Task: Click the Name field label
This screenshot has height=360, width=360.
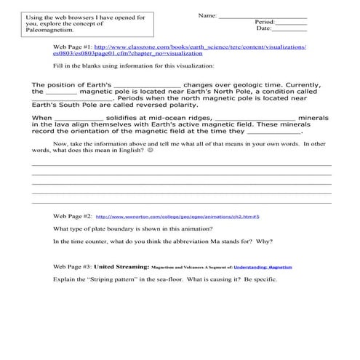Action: tap(207, 15)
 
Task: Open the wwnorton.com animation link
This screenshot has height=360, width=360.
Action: tap(177, 217)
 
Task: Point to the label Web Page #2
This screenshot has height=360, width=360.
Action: tap(73, 216)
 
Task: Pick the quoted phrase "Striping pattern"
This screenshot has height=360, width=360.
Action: tap(108, 279)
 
